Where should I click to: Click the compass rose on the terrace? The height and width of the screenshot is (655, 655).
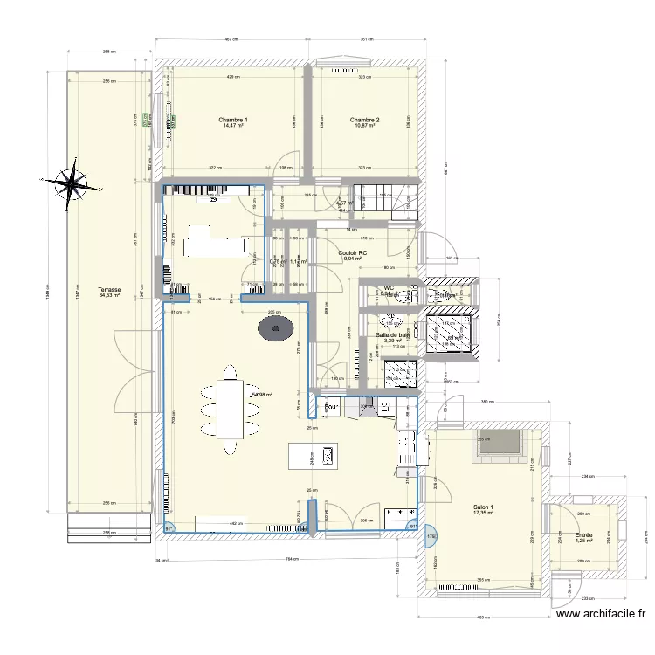pyautogui.click(x=72, y=183)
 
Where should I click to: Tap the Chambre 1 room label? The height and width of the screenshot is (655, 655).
pyautogui.click(x=233, y=120)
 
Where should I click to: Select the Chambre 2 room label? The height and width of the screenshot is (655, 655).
pyautogui.click(x=364, y=120)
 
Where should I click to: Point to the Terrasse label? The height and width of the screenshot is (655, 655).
pyautogui.click(x=109, y=289)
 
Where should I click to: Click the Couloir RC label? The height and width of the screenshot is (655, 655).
pyautogui.click(x=352, y=252)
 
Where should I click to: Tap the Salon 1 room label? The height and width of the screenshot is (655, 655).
pyautogui.click(x=483, y=507)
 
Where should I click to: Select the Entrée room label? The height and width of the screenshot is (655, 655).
pyautogui.click(x=583, y=534)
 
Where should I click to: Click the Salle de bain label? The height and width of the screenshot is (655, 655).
pyautogui.click(x=393, y=334)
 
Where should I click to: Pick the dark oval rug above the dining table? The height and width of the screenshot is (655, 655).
pyautogui.click(x=276, y=329)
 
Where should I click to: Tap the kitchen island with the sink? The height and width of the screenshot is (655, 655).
pyautogui.click(x=314, y=454)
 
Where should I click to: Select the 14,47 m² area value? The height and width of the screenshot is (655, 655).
pyautogui.click(x=233, y=127)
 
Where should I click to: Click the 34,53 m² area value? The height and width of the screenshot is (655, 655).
pyautogui.click(x=109, y=295)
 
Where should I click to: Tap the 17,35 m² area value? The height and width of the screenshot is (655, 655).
pyautogui.click(x=483, y=514)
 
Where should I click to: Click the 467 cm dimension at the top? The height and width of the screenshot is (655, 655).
pyautogui.click(x=231, y=39)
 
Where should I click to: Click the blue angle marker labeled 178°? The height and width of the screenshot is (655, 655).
pyautogui.click(x=430, y=536)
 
